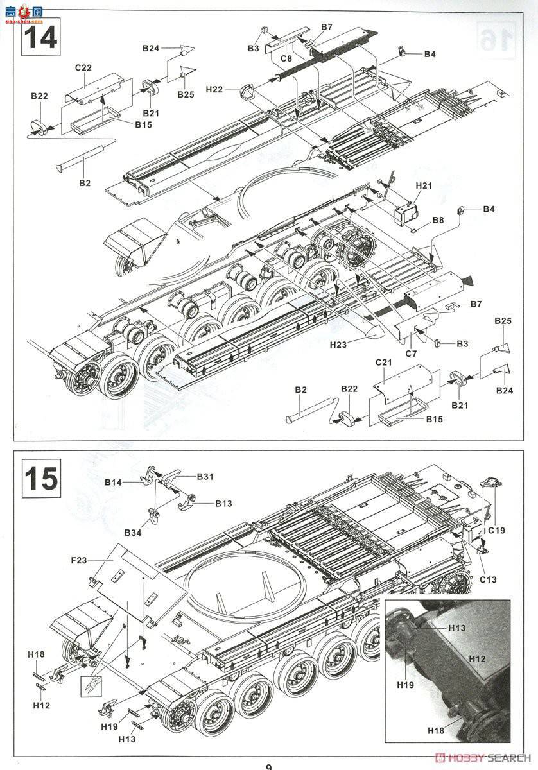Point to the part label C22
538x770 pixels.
[83, 67]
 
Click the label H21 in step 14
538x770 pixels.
[424, 185]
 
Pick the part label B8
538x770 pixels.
[438, 220]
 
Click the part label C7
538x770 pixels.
[412, 353]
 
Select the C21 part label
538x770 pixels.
[383, 363]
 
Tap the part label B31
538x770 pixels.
[205, 476]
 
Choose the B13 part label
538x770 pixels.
[223, 504]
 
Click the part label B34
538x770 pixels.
[133, 532]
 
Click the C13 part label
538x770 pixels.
[488, 580]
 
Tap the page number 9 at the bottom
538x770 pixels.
[268, 764]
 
